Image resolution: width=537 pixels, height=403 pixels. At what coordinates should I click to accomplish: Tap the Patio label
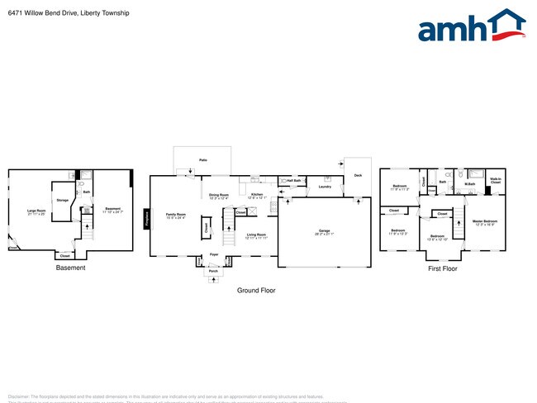(x=202, y=159)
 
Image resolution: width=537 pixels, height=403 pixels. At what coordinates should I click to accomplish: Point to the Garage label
(x=324, y=231)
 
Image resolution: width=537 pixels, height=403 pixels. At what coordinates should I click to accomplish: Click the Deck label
(x=358, y=175)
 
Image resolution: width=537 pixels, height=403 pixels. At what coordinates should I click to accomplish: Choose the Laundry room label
(x=325, y=187)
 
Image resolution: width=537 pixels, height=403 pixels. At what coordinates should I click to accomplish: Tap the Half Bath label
(x=294, y=180)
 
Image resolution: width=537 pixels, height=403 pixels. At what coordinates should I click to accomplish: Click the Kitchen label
(x=257, y=194)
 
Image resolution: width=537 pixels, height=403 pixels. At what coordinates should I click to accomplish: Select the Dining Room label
(x=219, y=195)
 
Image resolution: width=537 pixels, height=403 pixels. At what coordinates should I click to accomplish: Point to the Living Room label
(x=256, y=235)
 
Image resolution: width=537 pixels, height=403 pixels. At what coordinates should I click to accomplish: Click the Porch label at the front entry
(x=213, y=271)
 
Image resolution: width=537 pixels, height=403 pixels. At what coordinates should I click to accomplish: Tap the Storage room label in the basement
(x=62, y=199)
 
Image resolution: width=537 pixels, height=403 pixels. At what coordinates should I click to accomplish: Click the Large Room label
(x=36, y=211)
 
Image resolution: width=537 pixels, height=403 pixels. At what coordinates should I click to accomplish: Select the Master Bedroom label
(x=484, y=221)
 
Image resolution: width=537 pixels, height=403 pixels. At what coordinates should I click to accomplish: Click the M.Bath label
(x=469, y=183)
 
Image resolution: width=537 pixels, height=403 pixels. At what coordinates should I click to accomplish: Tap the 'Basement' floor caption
(x=70, y=268)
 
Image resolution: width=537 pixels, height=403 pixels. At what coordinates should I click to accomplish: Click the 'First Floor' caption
(x=443, y=268)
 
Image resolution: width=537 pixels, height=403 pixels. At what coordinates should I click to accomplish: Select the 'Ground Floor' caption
(x=256, y=291)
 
